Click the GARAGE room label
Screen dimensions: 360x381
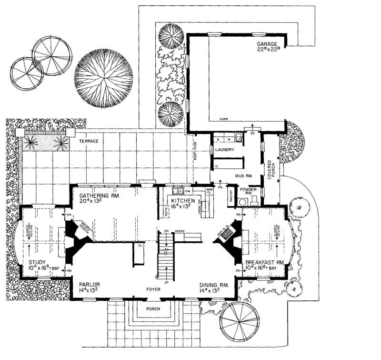coord(267,42)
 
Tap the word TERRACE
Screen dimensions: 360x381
coord(89,142)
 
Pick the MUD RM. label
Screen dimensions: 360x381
coord(242,175)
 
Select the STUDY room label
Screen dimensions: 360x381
coord(37,262)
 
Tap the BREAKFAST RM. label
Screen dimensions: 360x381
coord(264,263)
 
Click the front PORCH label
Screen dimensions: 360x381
coord(153,309)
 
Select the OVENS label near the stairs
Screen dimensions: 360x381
coord(180,232)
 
